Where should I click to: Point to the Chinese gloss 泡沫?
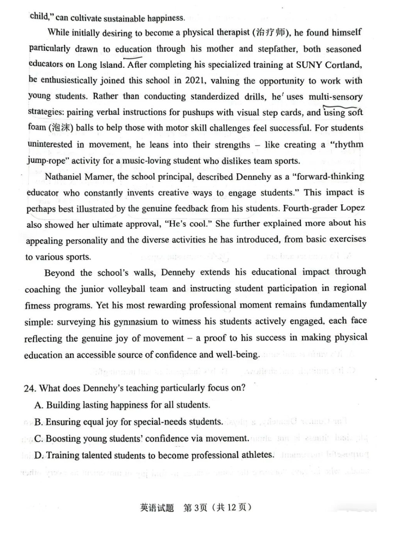coord(61,128)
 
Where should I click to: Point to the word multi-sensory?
coord(336,96)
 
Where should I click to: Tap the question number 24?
coord(29,388)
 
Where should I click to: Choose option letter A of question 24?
coord(38,405)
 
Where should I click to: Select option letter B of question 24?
coord(38,422)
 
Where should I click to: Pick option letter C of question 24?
coord(38,439)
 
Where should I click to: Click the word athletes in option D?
coord(258,455)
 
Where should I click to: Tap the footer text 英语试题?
coord(157,508)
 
